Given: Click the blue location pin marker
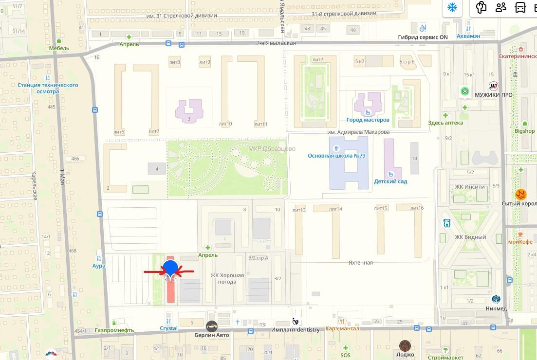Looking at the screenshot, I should [x=170, y=268].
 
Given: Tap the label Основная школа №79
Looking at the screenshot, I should [x=336, y=156].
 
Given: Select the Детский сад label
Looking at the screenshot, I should [x=390, y=181].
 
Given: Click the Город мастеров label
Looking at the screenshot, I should [x=368, y=120].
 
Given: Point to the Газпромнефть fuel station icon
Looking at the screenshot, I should [x=114, y=322].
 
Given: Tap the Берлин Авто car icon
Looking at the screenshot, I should [x=212, y=326].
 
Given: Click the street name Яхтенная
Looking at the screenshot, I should [x=360, y=263].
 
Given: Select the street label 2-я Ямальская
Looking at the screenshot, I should [x=276, y=43].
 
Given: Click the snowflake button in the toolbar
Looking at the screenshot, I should [x=452, y=8].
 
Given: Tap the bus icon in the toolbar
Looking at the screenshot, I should [x=520, y=8].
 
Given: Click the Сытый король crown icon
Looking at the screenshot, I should [x=520, y=194].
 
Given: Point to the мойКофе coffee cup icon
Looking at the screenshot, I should [x=520, y=234].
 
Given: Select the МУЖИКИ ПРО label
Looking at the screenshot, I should [x=494, y=95].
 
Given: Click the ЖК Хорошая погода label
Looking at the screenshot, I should [x=227, y=278].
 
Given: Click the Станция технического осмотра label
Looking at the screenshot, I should [x=48, y=88].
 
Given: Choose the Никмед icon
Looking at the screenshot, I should [x=496, y=299].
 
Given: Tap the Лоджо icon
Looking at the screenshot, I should [x=405, y=346].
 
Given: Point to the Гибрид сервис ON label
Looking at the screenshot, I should [x=423, y=37].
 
